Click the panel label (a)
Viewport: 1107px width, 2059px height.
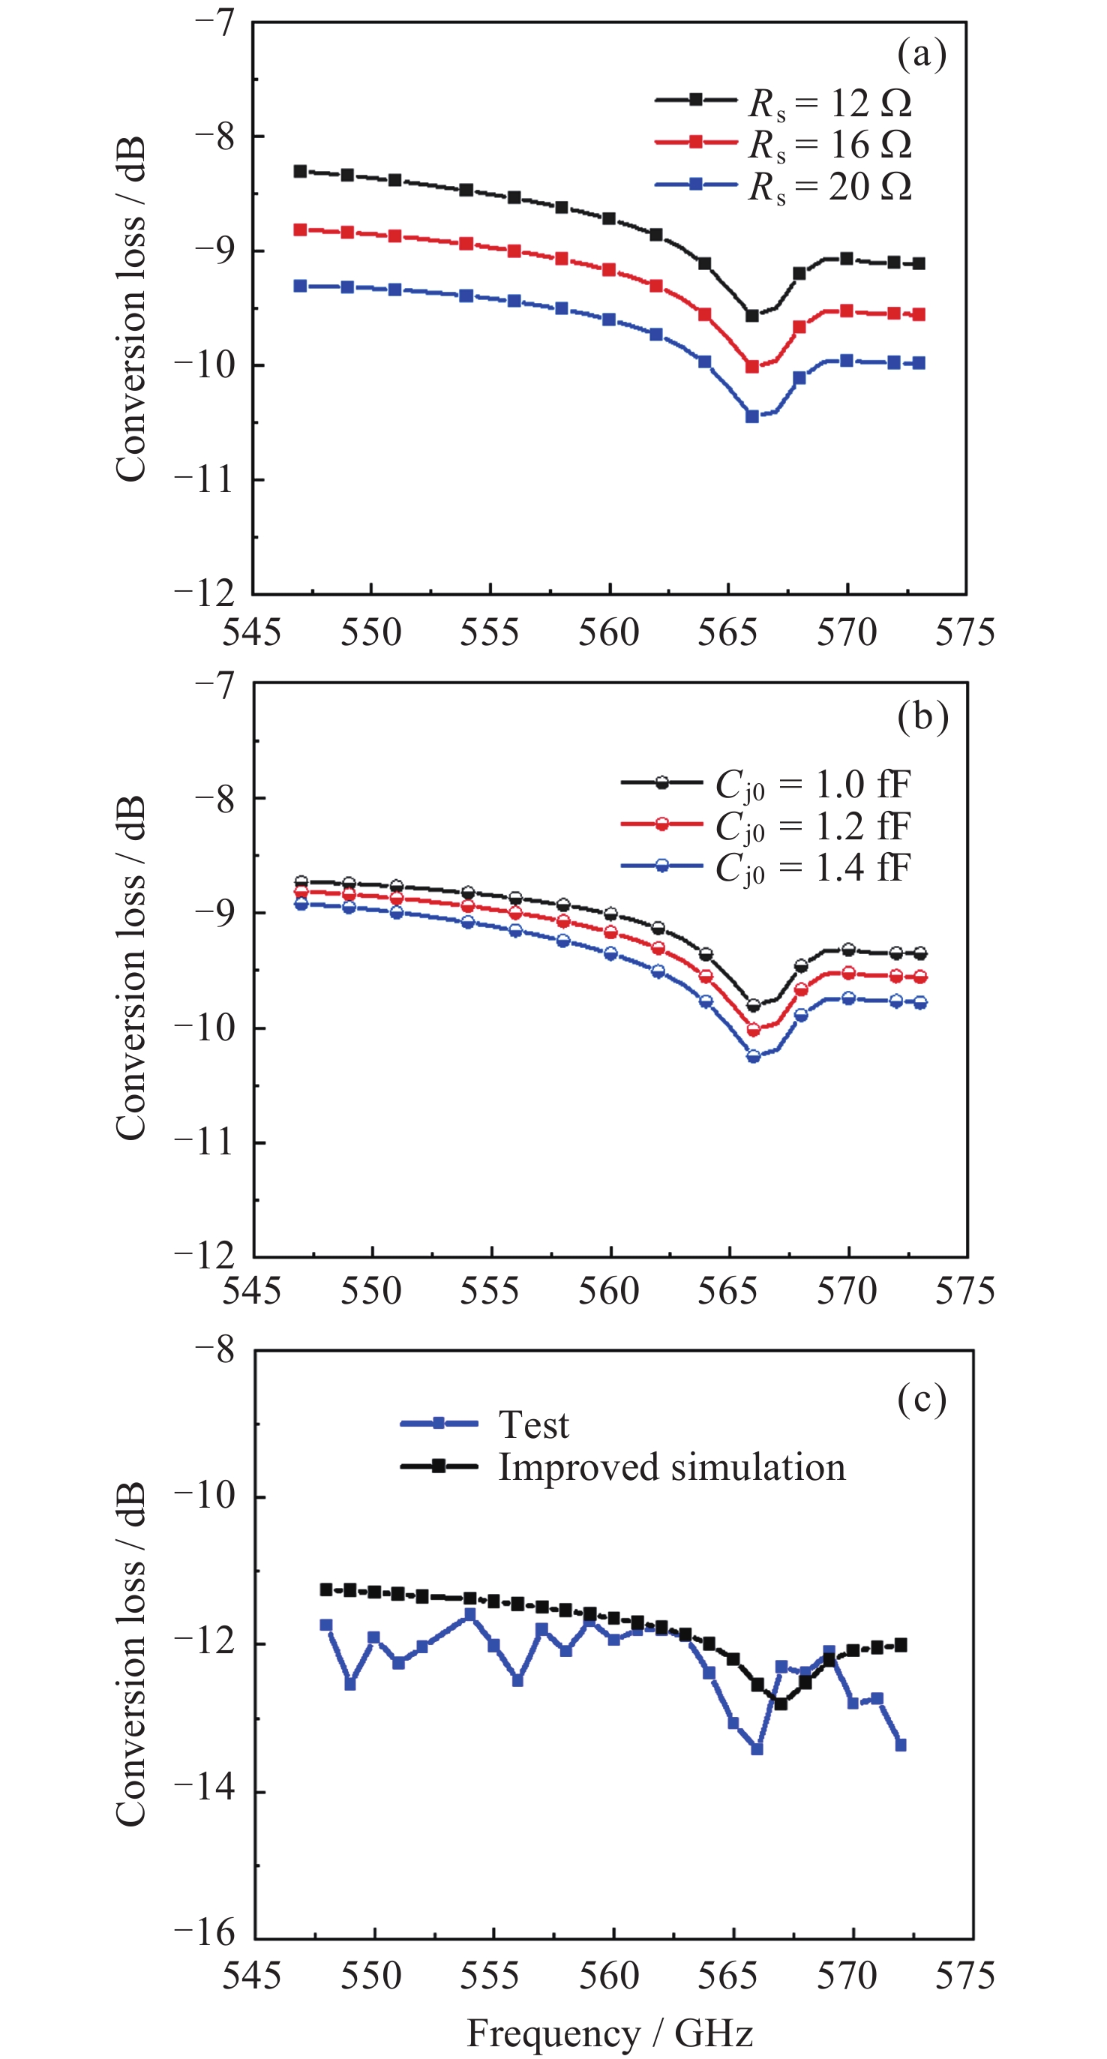pyautogui.click(x=921, y=54)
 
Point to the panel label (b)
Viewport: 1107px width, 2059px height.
pyautogui.click(x=922, y=716)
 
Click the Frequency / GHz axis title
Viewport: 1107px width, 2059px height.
pyautogui.click(x=610, y=2032)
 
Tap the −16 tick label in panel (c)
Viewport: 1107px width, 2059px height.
pyautogui.click(x=205, y=1933)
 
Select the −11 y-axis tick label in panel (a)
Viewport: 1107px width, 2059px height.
pyautogui.click(x=205, y=479)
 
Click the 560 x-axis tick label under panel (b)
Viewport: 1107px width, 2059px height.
pyautogui.click(x=609, y=1291)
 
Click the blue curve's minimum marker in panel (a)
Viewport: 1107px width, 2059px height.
pyautogui.click(x=752, y=416)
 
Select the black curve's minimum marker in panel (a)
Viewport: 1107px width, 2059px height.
pyautogui.click(x=752, y=316)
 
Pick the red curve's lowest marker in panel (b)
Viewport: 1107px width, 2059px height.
pyautogui.click(x=753, y=1029)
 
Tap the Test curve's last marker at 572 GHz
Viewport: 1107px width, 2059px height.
pyautogui.click(x=901, y=1745)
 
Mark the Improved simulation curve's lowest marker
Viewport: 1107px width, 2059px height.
pyautogui.click(x=781, y=1703)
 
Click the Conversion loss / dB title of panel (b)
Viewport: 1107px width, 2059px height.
pyautogui.click(x=131, y=968)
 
